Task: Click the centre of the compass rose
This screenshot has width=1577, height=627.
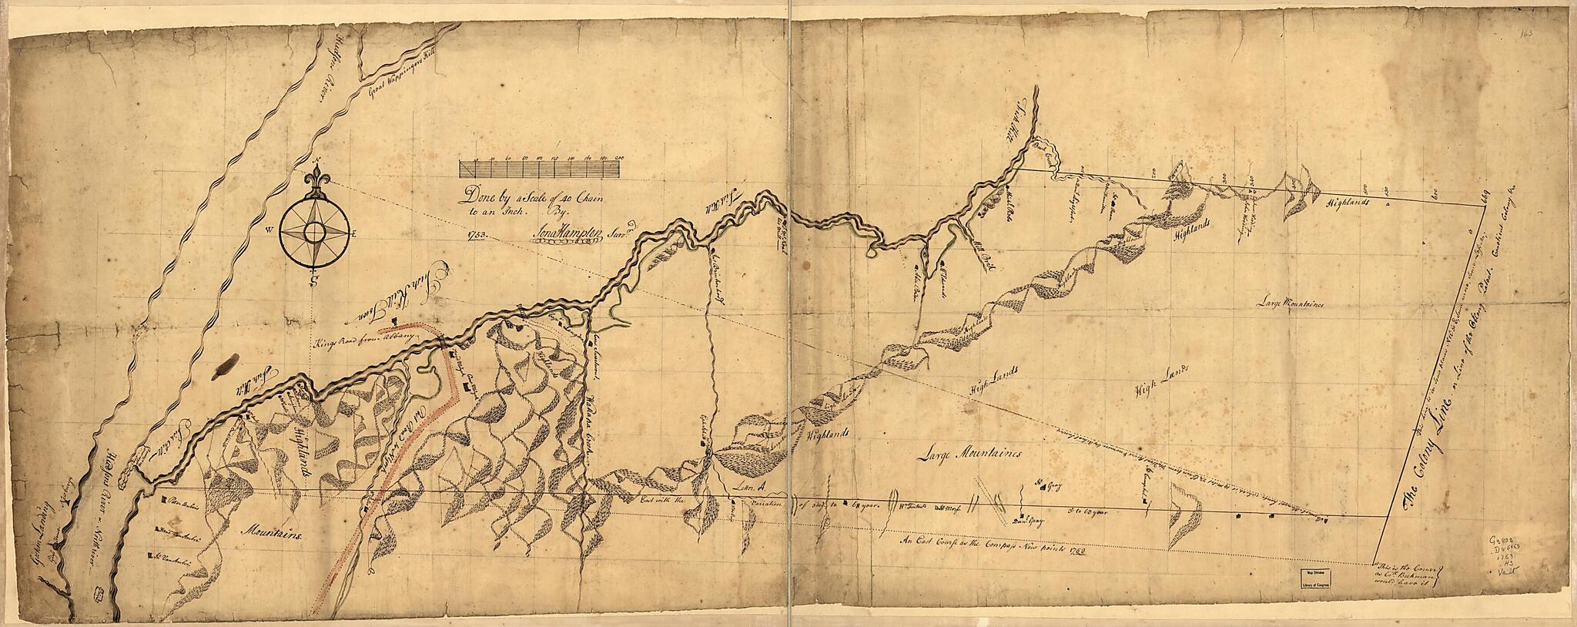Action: coord(314,231)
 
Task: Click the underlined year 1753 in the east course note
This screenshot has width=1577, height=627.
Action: coord(1065,553)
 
